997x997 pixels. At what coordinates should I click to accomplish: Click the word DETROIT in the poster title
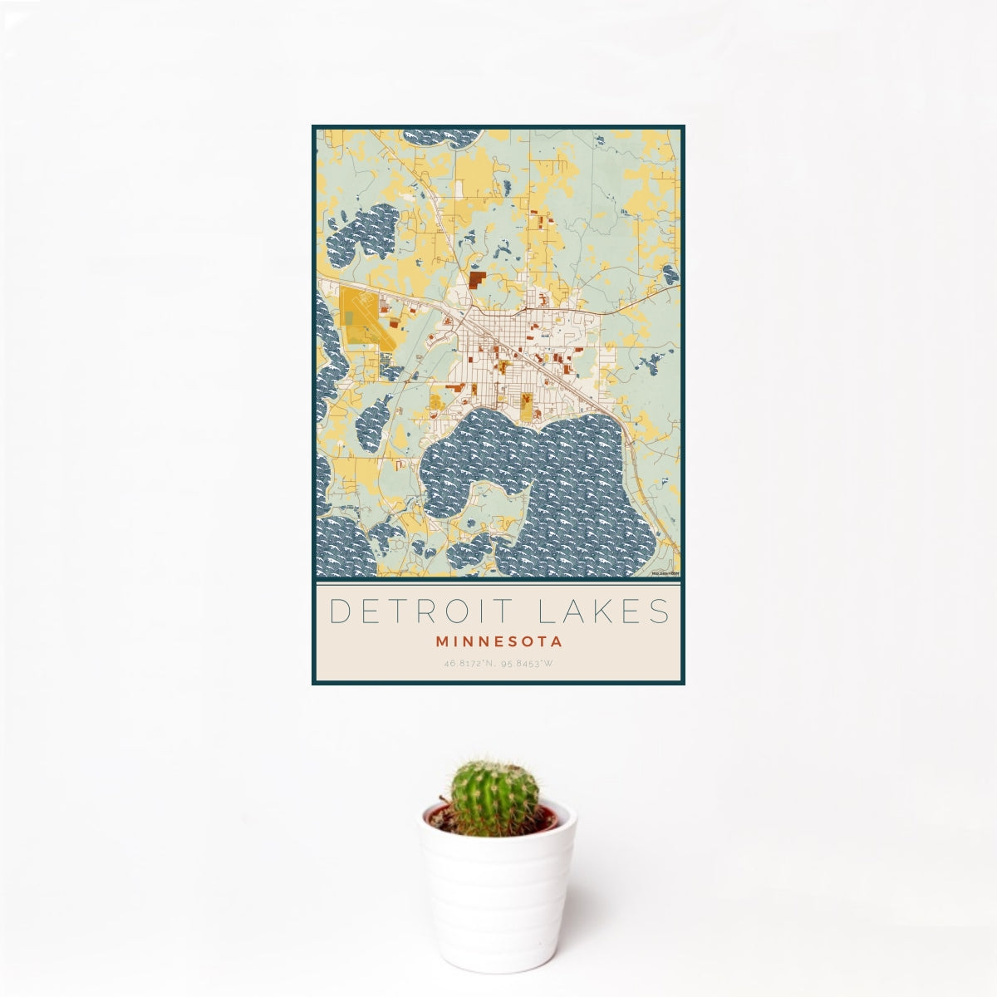414,611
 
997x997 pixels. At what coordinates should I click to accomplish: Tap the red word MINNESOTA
498,641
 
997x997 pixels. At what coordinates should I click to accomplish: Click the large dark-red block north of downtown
477,279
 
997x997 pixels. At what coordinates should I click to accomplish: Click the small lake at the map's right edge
670,275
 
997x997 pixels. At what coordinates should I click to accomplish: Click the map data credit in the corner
665,572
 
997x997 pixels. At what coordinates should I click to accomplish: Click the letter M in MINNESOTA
440,641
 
